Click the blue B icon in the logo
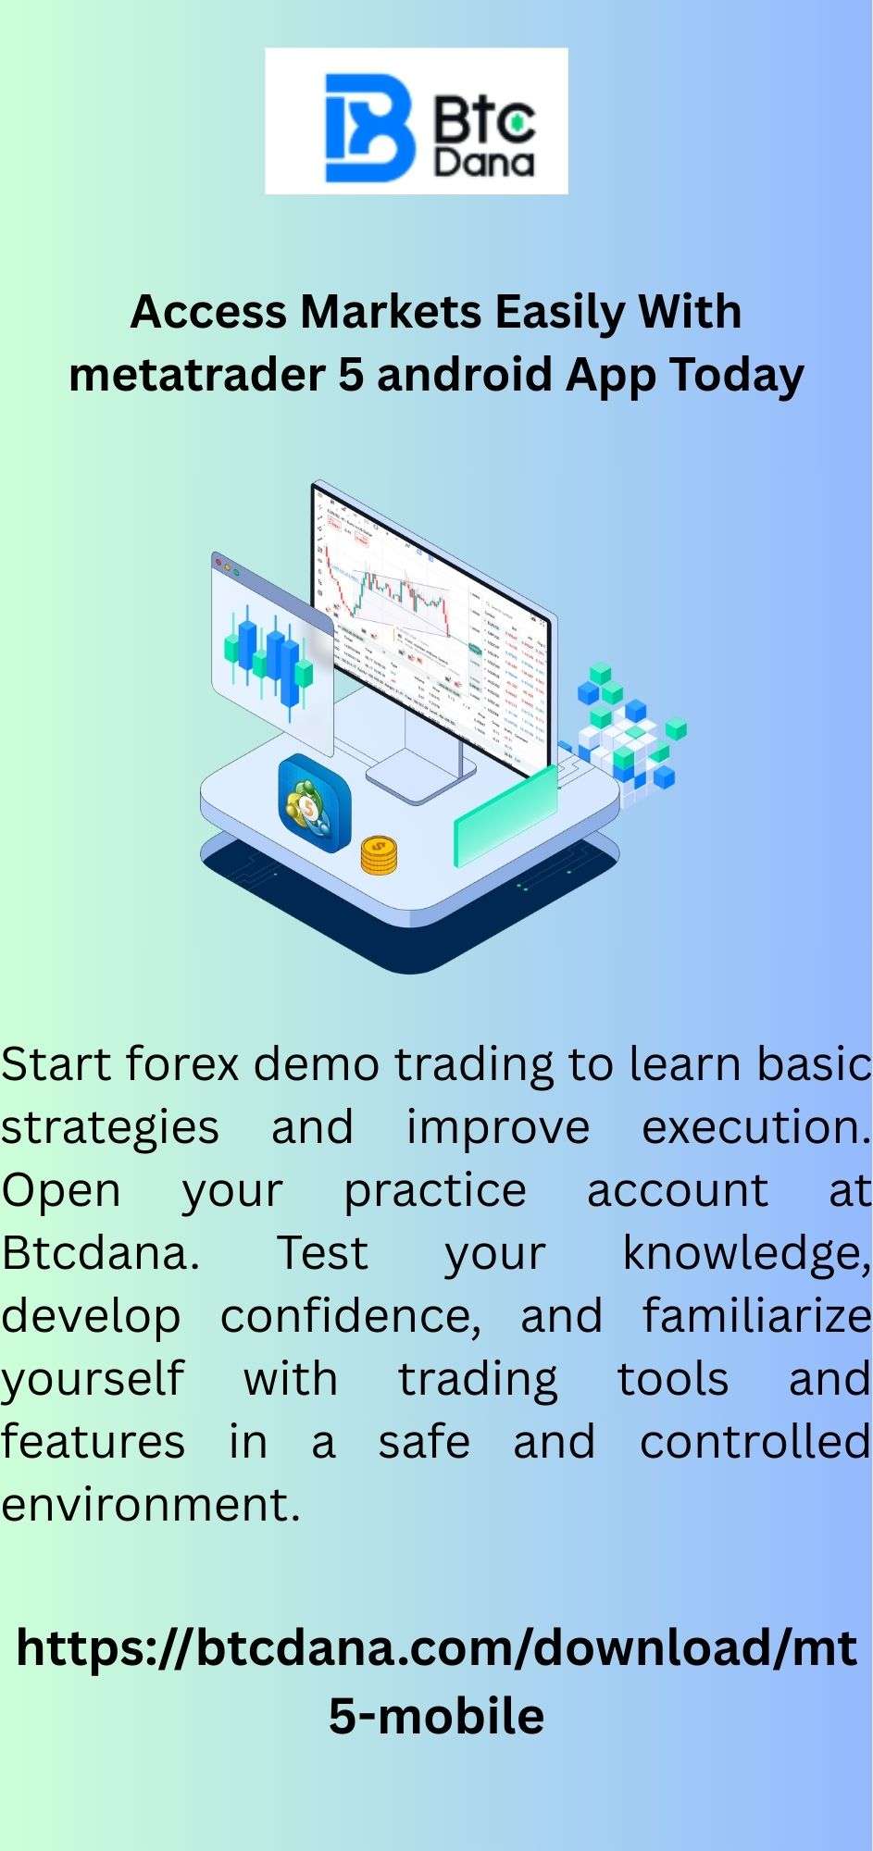tap(368, 128)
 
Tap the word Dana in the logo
tap(485, 163)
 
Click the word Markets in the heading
tap(391, 313)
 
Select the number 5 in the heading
tap(350, 376)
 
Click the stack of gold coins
tap(379, 855)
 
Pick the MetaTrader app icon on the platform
tap(315, 803)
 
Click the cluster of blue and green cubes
tap(630, 730)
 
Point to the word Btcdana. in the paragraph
tap(100, 1253)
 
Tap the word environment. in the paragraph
tap(151, 1505)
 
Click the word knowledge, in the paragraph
tap(746, 1255)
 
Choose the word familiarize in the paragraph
tap(756, 1316)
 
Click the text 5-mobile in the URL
tap(436, 1715)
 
